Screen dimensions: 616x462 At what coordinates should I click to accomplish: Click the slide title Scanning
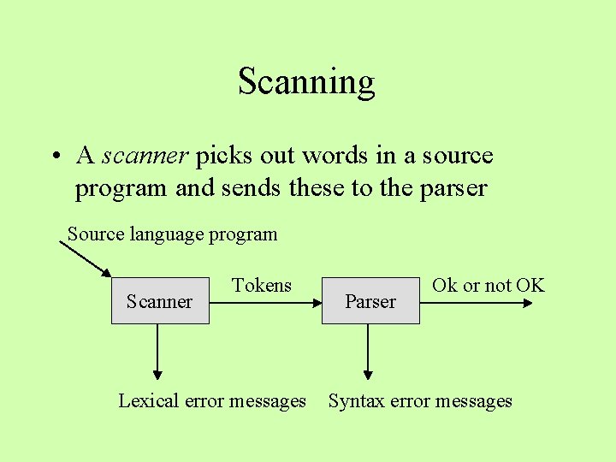(306, 82)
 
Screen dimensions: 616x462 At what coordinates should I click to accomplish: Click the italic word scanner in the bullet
(145, 156)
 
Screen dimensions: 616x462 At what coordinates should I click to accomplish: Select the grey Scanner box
(160, 300)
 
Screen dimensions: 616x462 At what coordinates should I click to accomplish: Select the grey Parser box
(370, 300)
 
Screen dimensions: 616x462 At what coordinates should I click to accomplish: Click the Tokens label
(262, 286)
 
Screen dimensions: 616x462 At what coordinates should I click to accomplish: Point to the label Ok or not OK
(488, 286)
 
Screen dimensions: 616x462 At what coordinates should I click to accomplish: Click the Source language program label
(172, 234)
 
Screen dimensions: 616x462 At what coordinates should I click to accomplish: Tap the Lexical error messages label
(211, 400)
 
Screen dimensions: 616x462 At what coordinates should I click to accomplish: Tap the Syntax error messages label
(420, 400)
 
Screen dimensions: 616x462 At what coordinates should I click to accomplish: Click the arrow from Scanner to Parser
(265, 301)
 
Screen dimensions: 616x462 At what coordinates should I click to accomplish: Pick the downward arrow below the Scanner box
(157, 351)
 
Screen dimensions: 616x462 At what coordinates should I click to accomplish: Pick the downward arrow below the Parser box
(368, 351)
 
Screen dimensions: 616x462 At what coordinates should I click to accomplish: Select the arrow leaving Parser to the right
(479, 301)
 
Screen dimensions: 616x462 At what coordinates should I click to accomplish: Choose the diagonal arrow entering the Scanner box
(86, 259)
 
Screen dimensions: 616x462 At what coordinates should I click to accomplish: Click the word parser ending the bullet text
(453, 187)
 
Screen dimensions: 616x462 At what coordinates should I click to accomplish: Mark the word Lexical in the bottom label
(148, 400)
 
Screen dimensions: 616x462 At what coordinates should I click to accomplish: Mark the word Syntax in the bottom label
(357, 400)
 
